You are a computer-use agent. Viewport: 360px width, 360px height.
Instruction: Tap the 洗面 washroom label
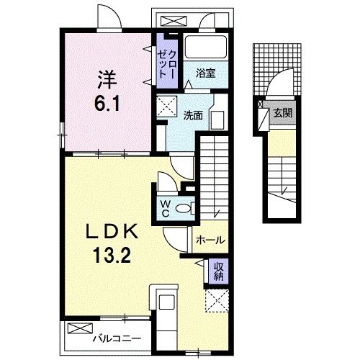coord(192,114)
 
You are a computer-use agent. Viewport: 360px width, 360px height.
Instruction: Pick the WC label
coord(164,208)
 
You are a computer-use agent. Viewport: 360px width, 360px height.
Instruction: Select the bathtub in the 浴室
coord(207,48)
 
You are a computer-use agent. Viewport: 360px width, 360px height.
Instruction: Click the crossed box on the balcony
coord(76,328)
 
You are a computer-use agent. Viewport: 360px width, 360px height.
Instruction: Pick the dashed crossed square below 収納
coord(217,299)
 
